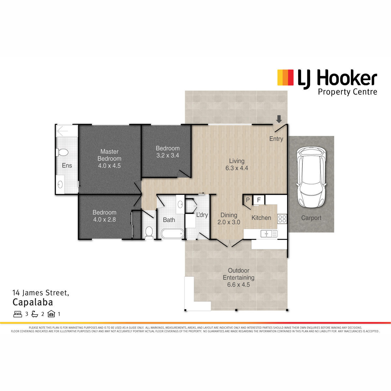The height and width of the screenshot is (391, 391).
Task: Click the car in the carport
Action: [x=311, y=178]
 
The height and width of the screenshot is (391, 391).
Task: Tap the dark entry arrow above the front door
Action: [x=279, y=119]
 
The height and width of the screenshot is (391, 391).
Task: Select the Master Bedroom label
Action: [x=109, y=158]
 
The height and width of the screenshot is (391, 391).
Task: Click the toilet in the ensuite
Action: [x=62, y=152]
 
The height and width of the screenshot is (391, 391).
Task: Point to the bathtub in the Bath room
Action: [x=173, y=234]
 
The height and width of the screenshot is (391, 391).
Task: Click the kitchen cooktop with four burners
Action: [x=282, y=219]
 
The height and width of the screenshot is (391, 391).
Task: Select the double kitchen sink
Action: [x=269, y=234]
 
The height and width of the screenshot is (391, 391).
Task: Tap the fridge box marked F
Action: [x=259, y=200]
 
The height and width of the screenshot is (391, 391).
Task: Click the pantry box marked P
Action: [x=248, y=200]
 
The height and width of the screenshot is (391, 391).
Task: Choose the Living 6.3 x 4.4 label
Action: [x=237, y=164]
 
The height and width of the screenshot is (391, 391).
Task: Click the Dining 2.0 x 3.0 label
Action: [x=229, y=219]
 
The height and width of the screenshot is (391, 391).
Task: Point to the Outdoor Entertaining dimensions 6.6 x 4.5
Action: [x=239, y=285]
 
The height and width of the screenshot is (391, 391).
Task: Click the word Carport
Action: [x=311, y=218]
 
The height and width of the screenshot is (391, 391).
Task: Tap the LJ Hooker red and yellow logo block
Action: [x=285, y=77]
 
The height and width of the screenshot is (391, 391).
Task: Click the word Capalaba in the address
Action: [x=33, y=302]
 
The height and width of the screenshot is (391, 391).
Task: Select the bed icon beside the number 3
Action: [x=18, y=314]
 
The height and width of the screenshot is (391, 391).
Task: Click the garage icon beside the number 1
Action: [x=51, y=314]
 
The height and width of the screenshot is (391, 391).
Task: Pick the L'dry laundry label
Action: [x=202, y=215]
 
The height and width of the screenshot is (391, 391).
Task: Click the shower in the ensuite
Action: [x=67, y=131]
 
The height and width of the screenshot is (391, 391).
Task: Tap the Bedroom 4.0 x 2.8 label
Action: [x=105, y=216]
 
